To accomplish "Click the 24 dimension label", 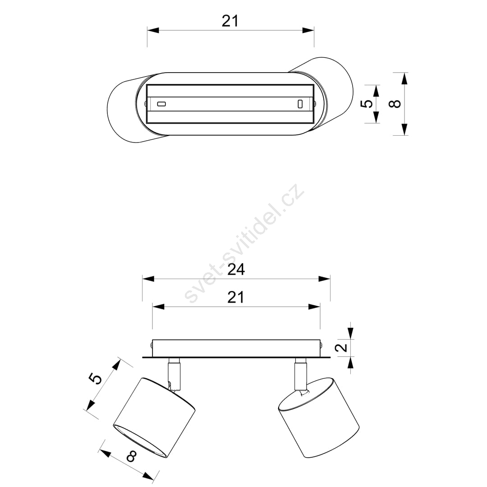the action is (x=236, y=269).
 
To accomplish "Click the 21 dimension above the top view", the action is (x=230, y=21).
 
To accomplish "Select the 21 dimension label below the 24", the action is (x=236, y=297).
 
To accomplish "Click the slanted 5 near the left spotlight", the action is (x=96, y=379).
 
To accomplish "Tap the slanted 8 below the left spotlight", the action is (x=132, y=456).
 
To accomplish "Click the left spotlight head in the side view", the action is (x=154, y=417).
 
